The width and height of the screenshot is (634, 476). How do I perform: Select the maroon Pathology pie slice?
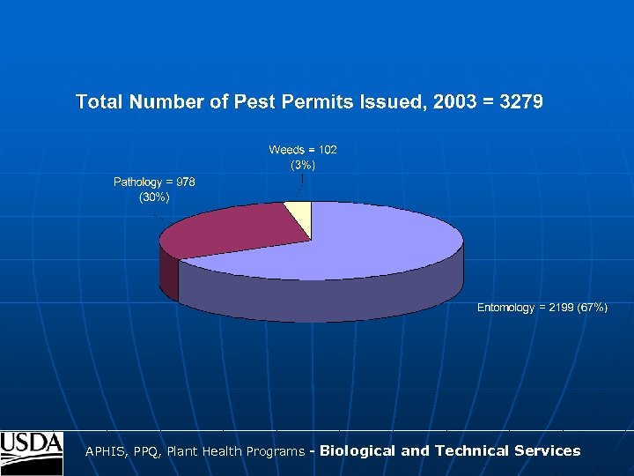(x=233, y=231)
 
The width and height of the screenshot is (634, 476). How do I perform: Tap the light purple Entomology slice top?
(x=352, y=247)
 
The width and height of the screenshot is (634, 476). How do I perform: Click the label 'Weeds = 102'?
(x=303, y=150)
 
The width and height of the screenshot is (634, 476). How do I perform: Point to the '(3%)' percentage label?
(x=303, y=164)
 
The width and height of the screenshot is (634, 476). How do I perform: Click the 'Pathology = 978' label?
(x=154, y=182)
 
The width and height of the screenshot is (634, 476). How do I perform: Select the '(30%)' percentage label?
(x=154, y=197)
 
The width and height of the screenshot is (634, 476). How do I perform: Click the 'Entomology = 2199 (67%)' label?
(x=542, y=308)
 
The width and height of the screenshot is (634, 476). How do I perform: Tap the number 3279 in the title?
(x=520, y=102)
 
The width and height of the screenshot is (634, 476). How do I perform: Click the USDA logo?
(x=32, y=452)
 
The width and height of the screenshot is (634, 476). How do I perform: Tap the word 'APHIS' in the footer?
(x=105, y=451)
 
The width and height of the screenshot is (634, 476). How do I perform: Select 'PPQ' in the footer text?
(x=145, y=451)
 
